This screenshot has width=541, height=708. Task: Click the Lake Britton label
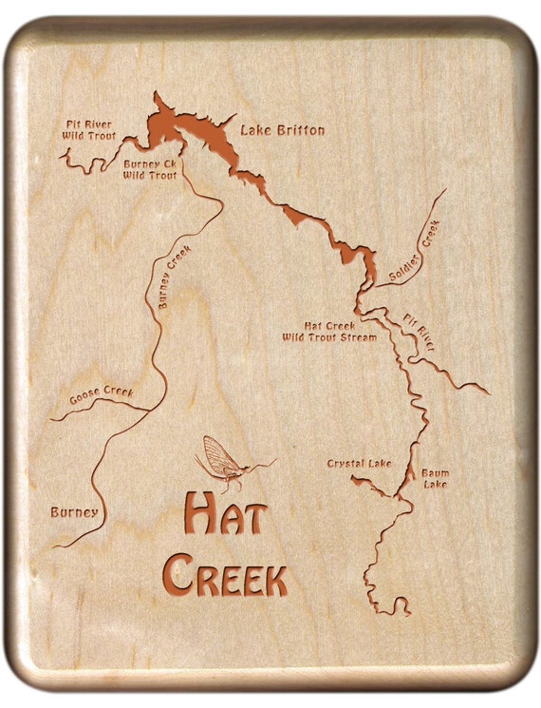pyautogui.click(x=282, y=130)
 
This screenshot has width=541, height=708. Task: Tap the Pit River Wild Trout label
pyautogui.click(x=89, y=130)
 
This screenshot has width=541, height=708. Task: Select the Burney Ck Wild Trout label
pyautogui.click(x=150, y=169)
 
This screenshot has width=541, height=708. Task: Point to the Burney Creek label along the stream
pyautogui.click(x=175, y=277)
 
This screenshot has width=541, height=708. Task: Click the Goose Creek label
pyautogui.click(x=101, y=395)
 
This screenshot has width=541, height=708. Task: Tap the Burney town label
pyautogui.click(x=74, y=513)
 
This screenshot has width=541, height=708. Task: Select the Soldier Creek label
pyautogui.click(x=416, y=254)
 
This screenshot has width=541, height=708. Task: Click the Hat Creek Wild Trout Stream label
pyautogui.click(x=328, y=331)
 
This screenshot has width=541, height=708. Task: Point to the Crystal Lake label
pyautogui.click(x=359, y=464)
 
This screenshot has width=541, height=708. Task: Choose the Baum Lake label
pyautogui.click(x=436, y=479)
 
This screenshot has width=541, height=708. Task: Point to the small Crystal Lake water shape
pyautogui.click(x=372, y=484)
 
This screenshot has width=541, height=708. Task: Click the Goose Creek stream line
pyautogui.click(x=95, y=407)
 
